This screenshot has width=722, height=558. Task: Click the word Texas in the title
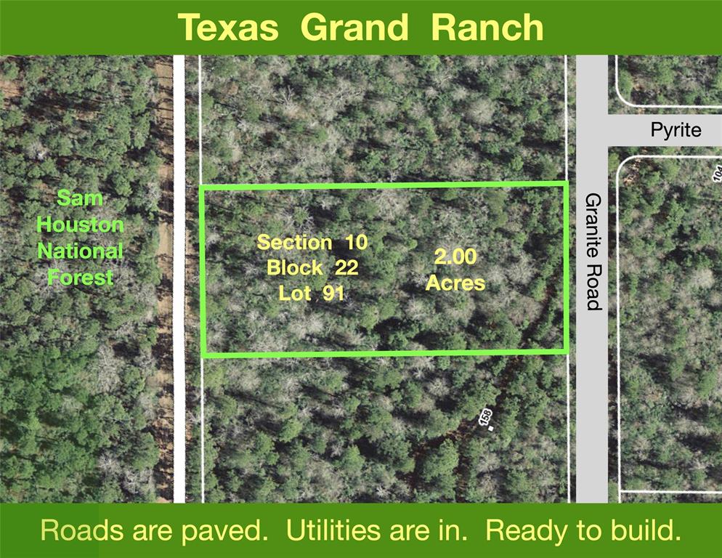coord(228,28)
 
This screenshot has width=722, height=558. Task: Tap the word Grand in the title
coord(354,28)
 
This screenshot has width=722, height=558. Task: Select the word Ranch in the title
coord(487,28)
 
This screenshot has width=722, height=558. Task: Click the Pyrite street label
coord(676,130)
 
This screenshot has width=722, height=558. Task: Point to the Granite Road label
coord(593,251)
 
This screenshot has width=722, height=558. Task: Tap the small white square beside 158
coord(491,429)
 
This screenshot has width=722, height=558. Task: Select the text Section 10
coord(312,242)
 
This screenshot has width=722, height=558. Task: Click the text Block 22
coord(312,267)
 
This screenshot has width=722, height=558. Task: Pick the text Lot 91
coord(312,293)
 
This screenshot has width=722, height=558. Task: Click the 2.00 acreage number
coord(455,256)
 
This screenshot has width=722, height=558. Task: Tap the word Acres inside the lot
coord(455,283)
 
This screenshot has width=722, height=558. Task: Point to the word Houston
coord(80,225)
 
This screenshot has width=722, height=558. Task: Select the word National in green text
coord(80,251)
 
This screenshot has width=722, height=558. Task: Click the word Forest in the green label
coord(80,278)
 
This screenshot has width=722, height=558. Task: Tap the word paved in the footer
coord(224,531)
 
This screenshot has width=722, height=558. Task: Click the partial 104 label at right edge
coord(718,175)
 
